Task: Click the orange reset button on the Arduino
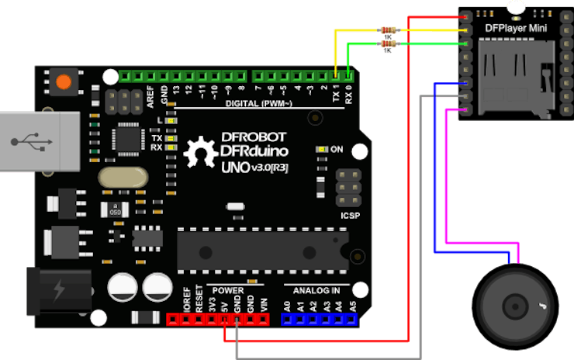63,81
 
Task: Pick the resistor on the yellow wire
387,30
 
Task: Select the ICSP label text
351,215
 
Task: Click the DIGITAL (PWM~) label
258,103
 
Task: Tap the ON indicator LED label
337,148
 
